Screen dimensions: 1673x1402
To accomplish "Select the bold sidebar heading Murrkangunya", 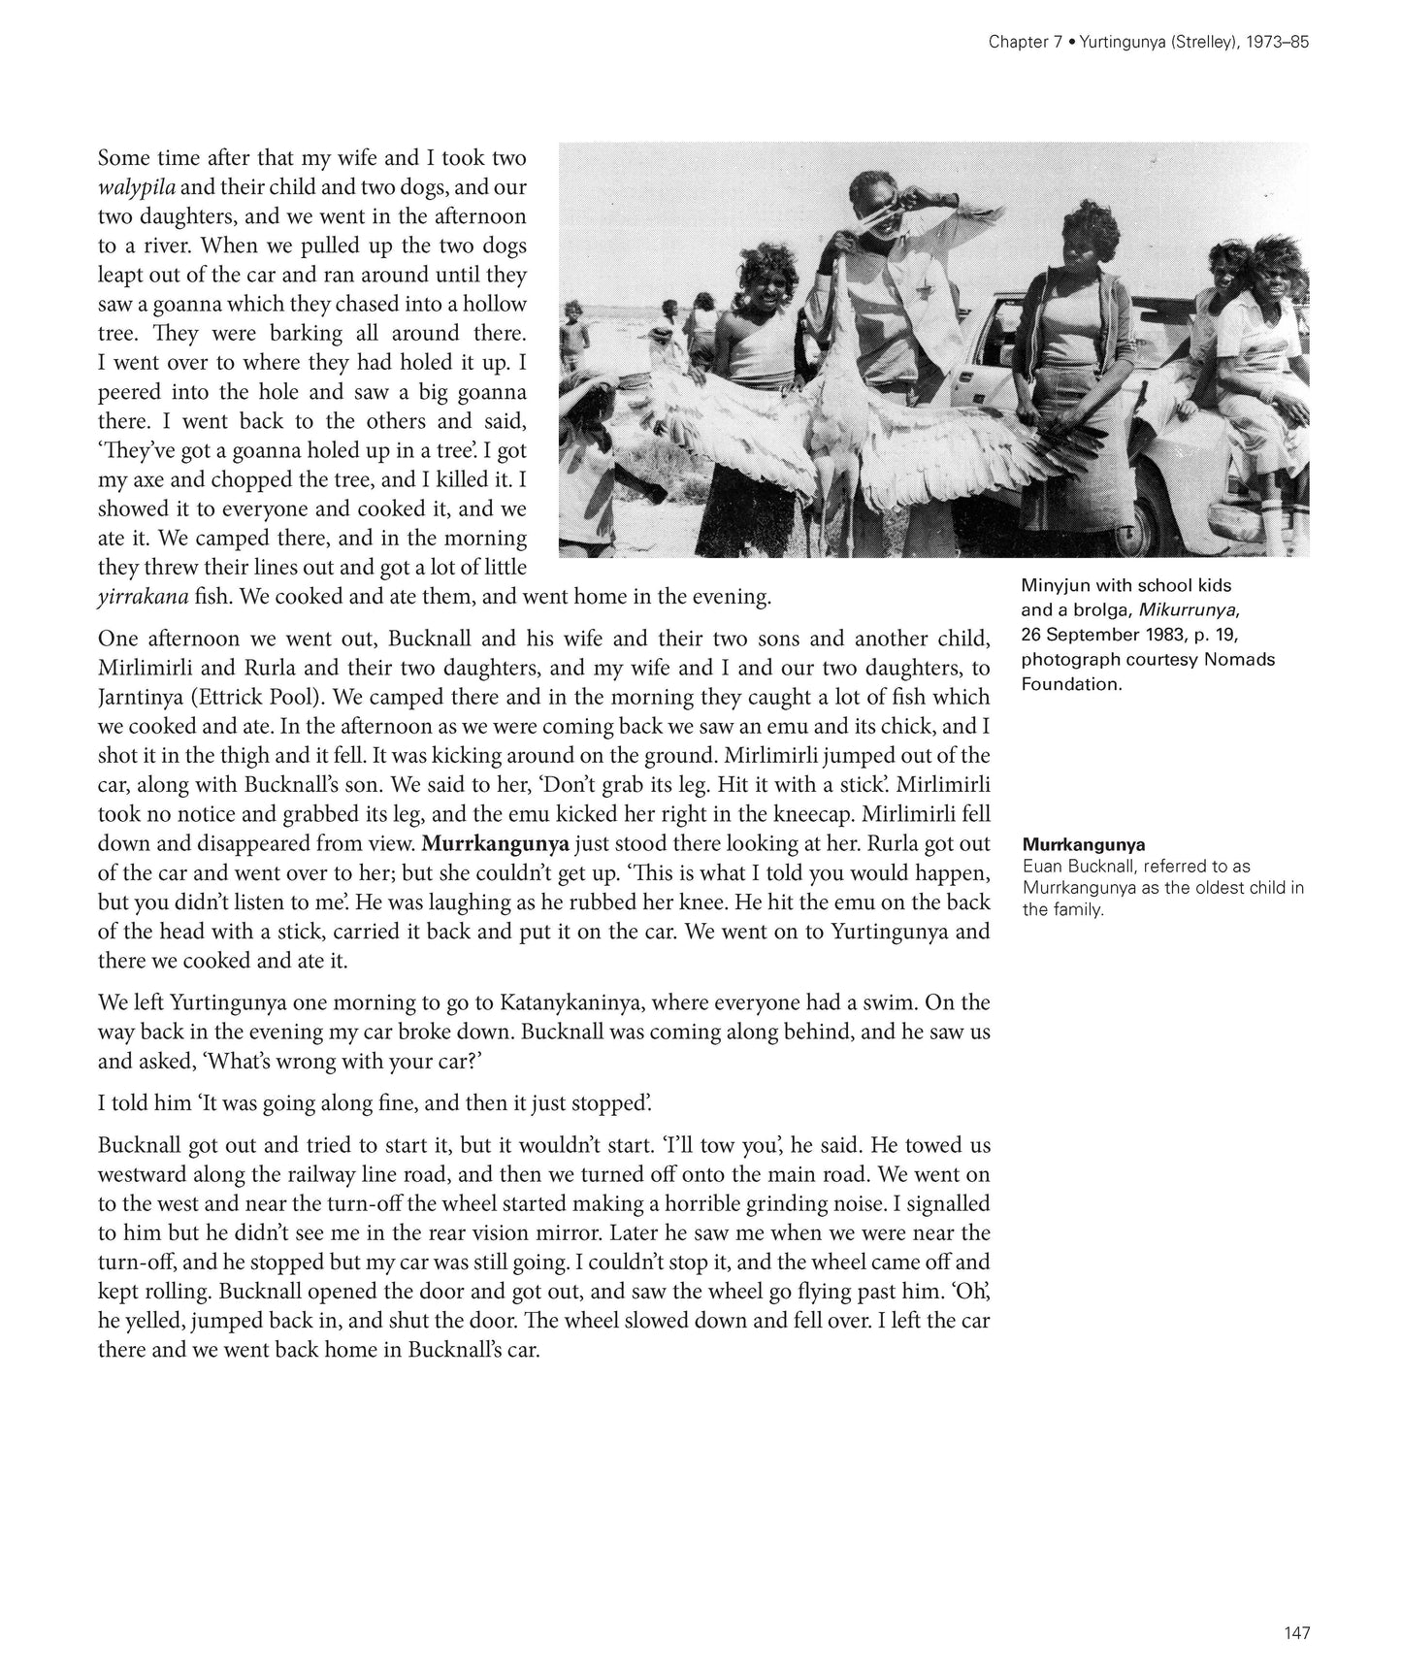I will pos(1083,845).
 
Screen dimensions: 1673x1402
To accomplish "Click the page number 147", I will pos(1297,1633).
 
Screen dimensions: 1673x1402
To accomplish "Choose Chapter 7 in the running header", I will pos(1021,43).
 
